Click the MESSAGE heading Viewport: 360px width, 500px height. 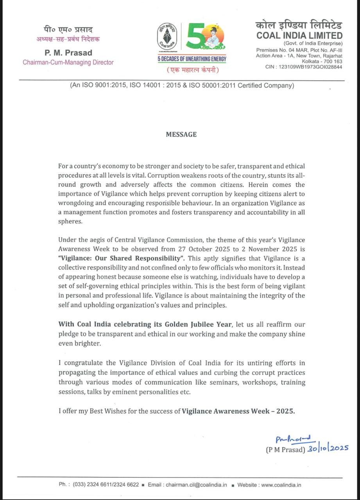[x=181, y=134]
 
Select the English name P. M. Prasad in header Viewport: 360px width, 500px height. [x=68, y=53]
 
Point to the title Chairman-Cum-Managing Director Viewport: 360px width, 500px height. [x=68, y=62]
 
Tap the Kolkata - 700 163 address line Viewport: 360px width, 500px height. [x=322, y=61]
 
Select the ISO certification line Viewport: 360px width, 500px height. [x=182, y=85]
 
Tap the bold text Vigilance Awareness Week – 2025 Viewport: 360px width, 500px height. [x=238, y=411]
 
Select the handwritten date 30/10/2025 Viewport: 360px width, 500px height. [x=327, y=448]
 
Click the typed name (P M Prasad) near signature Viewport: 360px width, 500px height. [x=285, y=450]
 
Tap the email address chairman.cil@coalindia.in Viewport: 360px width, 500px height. [x=196, y=485]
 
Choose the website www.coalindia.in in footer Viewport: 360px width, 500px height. [x=281, y=485]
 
